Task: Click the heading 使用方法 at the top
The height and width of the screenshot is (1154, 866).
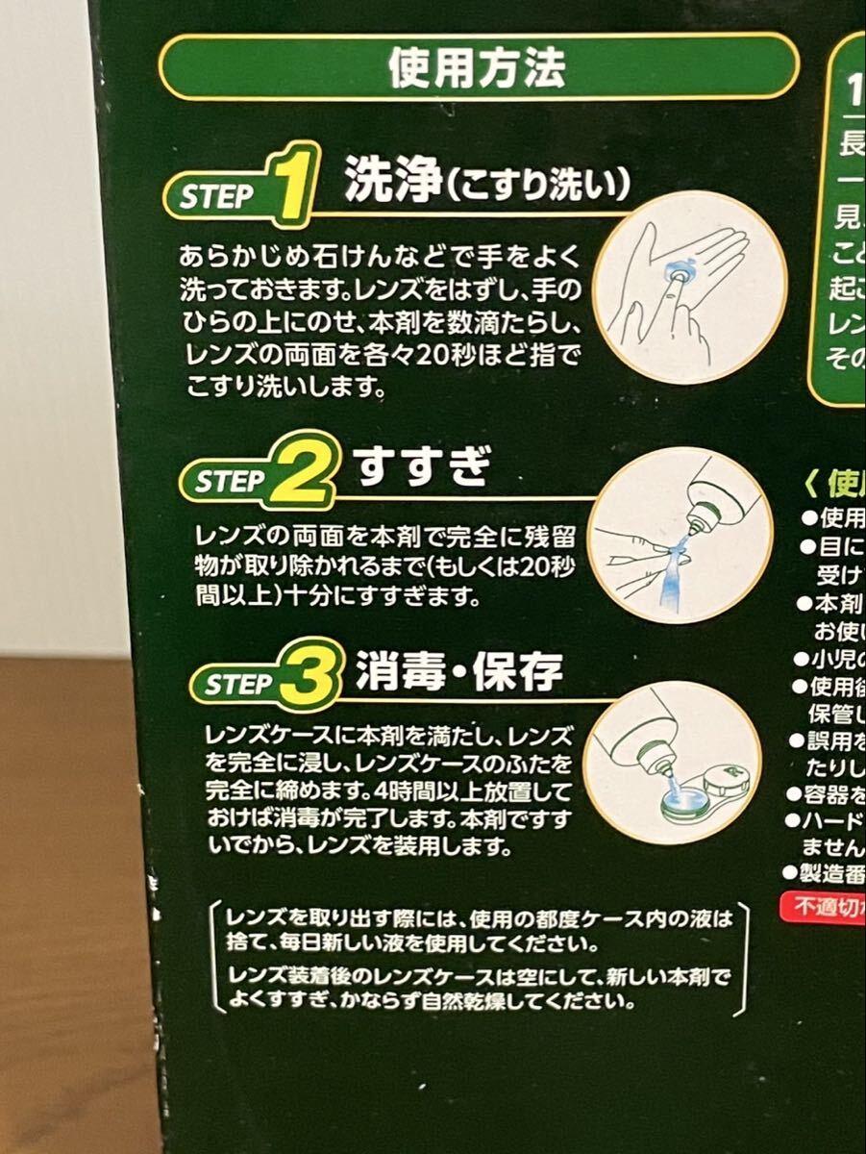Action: (478, 66)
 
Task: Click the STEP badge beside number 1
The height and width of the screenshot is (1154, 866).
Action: (217, 197)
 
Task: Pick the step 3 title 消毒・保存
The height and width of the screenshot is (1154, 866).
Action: (458, 671)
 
